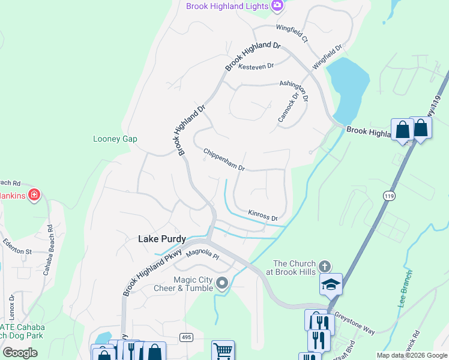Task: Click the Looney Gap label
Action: point(115,139)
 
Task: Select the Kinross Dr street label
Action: point(263,216)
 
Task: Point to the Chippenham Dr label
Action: point(224,160)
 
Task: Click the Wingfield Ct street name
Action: point(292,33)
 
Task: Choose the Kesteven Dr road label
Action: point(256,66)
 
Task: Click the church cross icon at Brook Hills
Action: point(325,266)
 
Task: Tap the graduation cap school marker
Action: point(331,284)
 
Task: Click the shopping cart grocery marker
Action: point(223,350)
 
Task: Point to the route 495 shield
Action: point(186,338)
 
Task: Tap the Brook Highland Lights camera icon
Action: point(277,6)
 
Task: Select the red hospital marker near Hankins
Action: point(35,194)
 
